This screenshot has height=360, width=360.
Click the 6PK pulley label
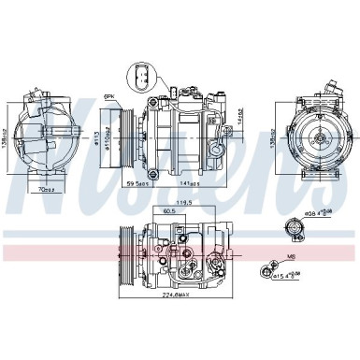[109, 96]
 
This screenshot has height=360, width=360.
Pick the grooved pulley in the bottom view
[131, 250]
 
